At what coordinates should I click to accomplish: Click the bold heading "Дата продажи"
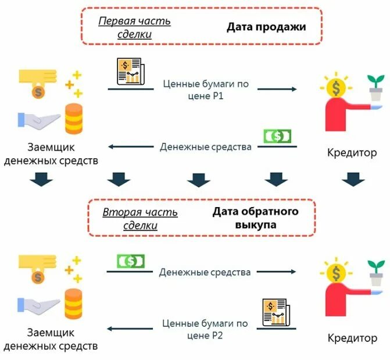click(266, 27)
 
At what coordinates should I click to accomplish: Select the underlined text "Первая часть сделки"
click(134, 27)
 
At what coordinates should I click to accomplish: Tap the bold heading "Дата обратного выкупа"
click(255, 218)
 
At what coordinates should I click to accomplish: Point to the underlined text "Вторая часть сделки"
click(140, 218)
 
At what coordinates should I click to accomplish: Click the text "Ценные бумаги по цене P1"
click(206, 90)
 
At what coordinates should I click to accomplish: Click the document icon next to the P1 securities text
click(130, 71)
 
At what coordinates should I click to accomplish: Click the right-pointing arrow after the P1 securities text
click(277, 89)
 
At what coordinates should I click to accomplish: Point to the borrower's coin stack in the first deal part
click(73, 119)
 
